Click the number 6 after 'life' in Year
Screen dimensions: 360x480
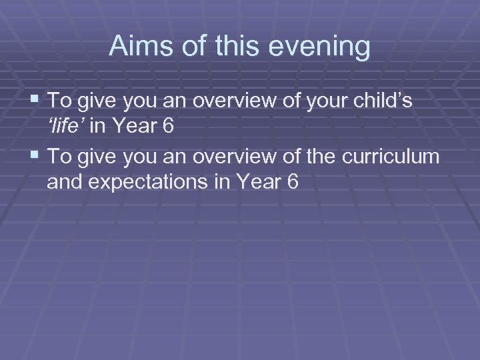[x=167, y=125]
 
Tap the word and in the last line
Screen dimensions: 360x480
[x=65, y=181]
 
